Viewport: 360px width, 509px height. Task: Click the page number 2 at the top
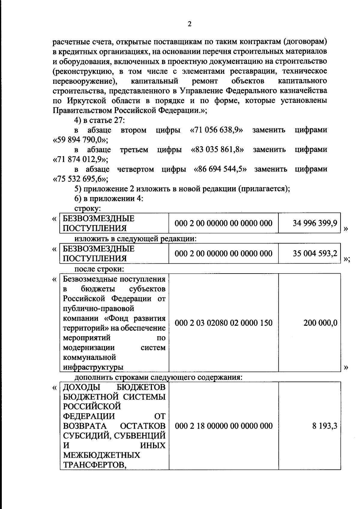click(x=189, y=24)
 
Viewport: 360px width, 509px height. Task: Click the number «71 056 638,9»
click(x=217, y=130)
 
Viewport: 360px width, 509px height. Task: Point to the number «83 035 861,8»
click(x=217, y=150)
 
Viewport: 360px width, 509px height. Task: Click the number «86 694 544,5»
click(x=220, y=169)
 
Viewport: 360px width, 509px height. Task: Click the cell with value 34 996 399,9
click(x=315, y=223)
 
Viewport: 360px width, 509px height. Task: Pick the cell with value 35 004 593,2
click(x=315, y=253)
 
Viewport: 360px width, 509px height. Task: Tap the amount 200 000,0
click(x=320, y=323)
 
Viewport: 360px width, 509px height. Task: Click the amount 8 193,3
click(x=324, y=426)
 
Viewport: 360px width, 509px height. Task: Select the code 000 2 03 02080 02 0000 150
click(x=223, y=323)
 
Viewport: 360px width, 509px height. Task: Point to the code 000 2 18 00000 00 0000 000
click(x=223, y=426)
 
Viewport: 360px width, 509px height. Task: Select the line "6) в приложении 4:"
click(x=109, y=199)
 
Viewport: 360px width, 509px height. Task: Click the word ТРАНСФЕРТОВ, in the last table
click(x=94, y=465)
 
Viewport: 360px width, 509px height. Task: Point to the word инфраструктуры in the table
click(x=93, y=367)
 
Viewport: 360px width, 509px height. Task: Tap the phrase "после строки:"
click(x=99, y=269)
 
